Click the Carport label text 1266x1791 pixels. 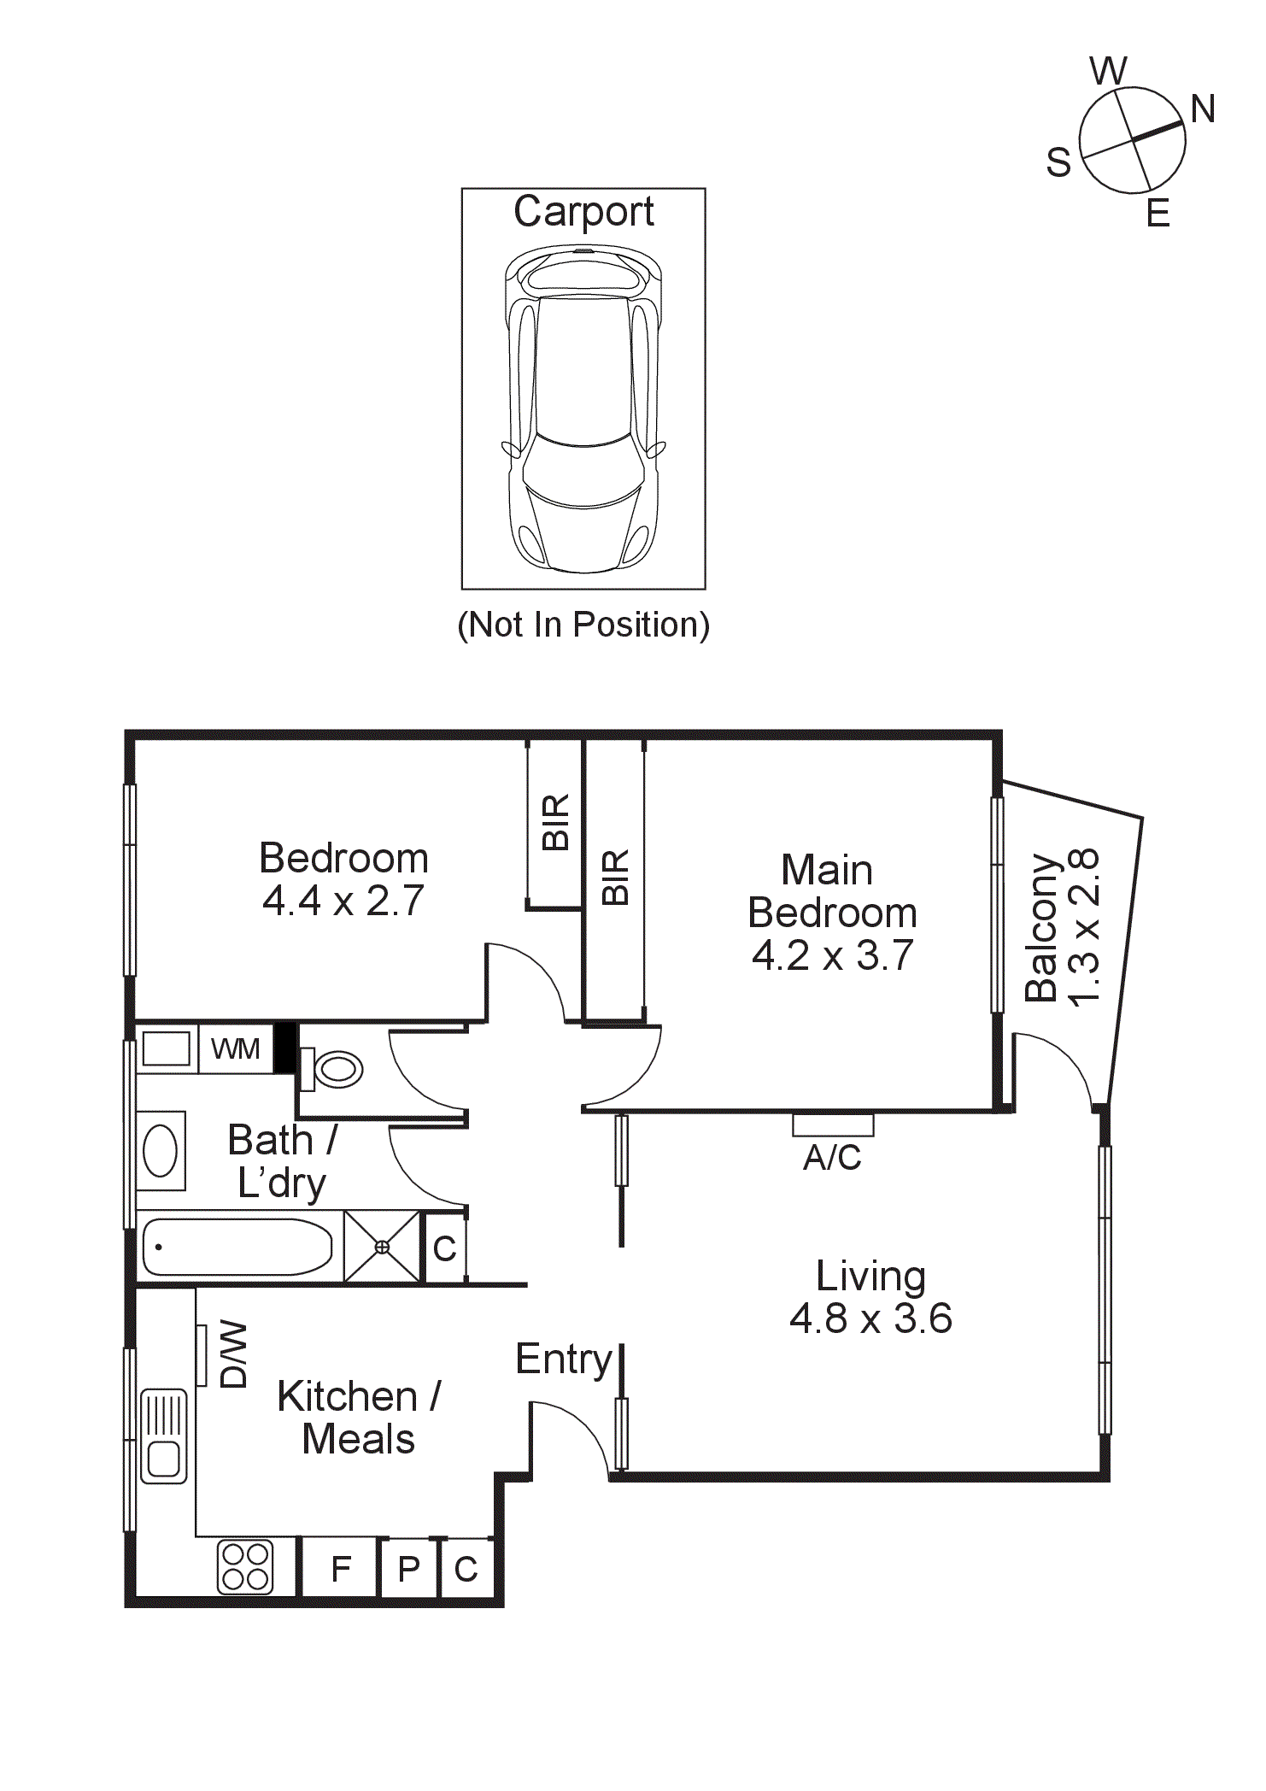pyautogui.click(x=583, y=212)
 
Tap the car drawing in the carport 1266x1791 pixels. pyautogui.click(x=583, y=410)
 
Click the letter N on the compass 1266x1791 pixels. pyautogui.click(x=1202, y=109)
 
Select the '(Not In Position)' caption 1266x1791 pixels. pyautogui.click(x=583, y=625)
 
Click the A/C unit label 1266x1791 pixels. pyautogui.click(x=832, y=1158)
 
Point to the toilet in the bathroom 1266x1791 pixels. pyautogui.click(x=336, y=1069)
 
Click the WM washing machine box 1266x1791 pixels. pyautogui.click(x=235, y=1048)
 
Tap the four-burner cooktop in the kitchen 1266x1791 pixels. pyautogui.click(x=245, y=1567)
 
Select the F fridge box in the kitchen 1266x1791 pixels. pyautogui.click(x=341, y=1569)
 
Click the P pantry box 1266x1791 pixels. pyautogui.click(x=409, y=1570)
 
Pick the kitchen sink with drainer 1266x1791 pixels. pyautogui.click(x=163, y=1436)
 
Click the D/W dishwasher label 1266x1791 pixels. pyautogui.click(x=233, y=1354)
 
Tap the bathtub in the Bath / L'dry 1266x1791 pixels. pyautogui.click(x=237, y=1247)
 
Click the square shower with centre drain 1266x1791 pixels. pyautogui.click(x=382, y=1247)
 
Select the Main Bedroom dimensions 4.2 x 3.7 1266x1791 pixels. pyautogui.click(x=832, y=955)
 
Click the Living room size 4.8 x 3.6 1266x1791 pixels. pyautogui.click(x=870, y=1318)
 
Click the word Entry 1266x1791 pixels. pyautogui.click(x=564, y=1359)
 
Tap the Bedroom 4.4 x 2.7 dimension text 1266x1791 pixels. pyautogui.click(x=343, y=901)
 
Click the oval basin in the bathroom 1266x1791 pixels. pyautogui.click(x=161, y=1150)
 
